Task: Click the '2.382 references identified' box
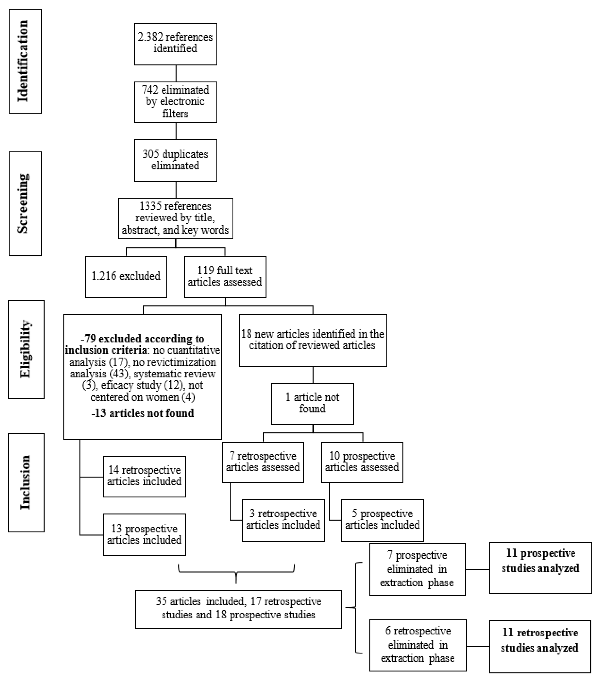pos(175,44)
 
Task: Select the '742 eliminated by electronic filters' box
pos(175,102)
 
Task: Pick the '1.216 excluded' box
pos(126,277)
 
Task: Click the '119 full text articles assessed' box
pos(225,277)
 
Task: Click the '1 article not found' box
pos(312,403)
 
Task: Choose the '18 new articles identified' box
pos(313,340)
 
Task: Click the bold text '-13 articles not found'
pos(142,413)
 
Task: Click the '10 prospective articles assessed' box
pos(362,462)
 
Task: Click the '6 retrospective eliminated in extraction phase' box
pos(418,645)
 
